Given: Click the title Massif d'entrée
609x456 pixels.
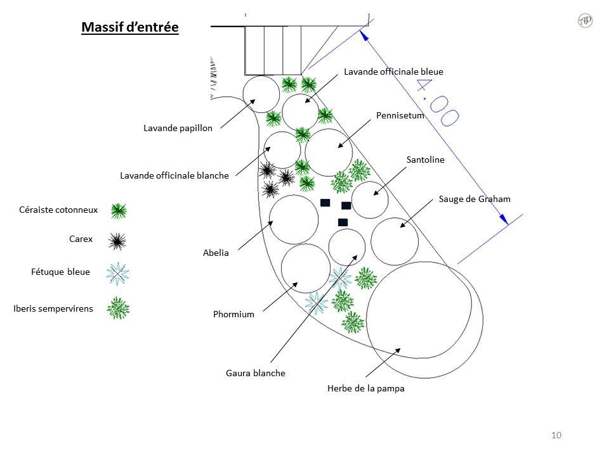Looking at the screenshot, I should point(131,27).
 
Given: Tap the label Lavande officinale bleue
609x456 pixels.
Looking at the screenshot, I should point(393,72).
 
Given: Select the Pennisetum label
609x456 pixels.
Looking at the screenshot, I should point(400,116).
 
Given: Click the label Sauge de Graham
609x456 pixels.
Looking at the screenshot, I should point(474,199).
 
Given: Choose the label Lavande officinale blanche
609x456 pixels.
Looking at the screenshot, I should point(174,175).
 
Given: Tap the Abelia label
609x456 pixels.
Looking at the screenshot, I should point(216,253).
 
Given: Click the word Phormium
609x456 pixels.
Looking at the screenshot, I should point(233,314).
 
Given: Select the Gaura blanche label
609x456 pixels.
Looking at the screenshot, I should point(255,373).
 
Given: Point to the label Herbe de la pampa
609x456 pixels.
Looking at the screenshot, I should point(365,389).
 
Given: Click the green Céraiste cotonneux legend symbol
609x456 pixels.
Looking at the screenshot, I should point(118,211).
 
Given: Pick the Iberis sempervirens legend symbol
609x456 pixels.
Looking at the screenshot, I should point(118,308).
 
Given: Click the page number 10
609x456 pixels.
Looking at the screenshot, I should point(557,435).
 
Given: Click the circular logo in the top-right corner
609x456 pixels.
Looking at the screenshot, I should point(585,21).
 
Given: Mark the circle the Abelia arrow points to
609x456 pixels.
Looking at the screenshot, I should point(294,219).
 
